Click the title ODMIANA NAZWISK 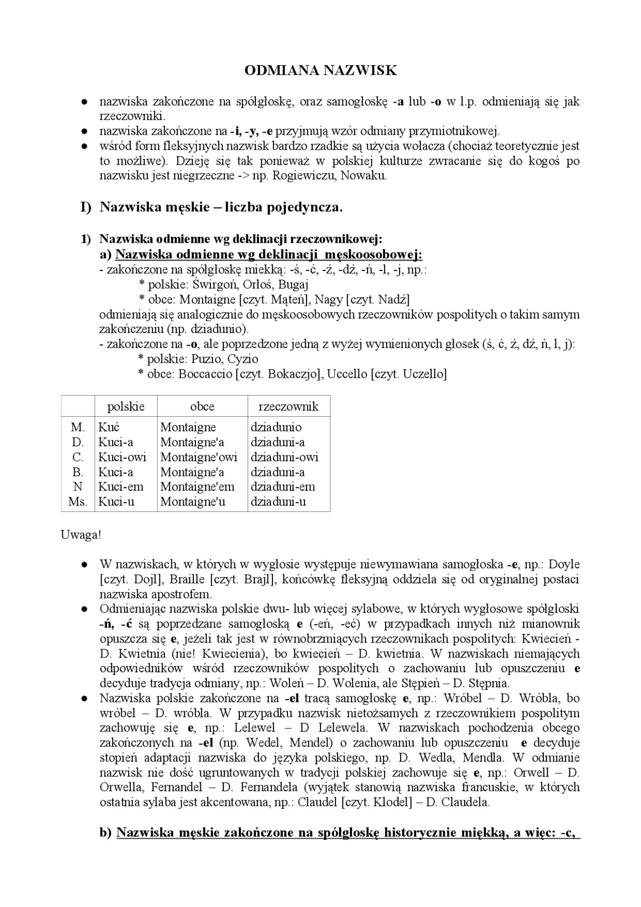(320, 71)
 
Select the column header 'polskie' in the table (126, 406)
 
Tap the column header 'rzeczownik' (288, 406)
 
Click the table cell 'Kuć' (109, 427)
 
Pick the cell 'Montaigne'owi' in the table (199, 457)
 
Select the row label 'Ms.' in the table (78, 502)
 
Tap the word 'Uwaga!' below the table (81, 534)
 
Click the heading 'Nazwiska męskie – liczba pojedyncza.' (221, 207)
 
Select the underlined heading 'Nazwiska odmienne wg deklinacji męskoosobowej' (269, 254)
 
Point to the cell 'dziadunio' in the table (276, 427)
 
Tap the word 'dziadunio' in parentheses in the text (222, 329)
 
